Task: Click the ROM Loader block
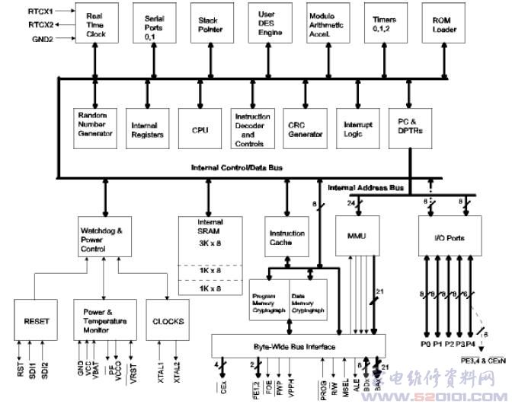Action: click(x=443, y=25)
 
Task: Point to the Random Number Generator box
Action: click(x=96, y=124)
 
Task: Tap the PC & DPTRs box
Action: click(x=412, y=125)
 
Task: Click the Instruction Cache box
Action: click(x=286, y=237)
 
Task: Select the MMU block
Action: click(x=357, y=236)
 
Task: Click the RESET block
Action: click(x=37, y=321)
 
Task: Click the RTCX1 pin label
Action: click(x=40, y=11)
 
